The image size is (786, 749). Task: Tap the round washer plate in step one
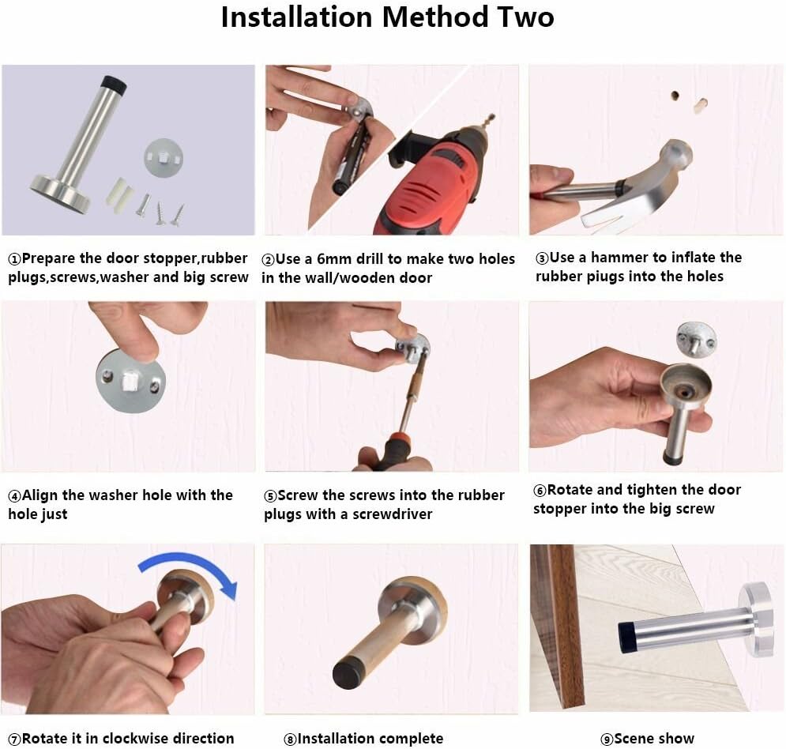pos(164,159)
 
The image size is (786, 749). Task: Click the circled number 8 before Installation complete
pos(290,740)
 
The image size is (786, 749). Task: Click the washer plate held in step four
pos(130,382)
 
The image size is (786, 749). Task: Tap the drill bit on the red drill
pos(488,122)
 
